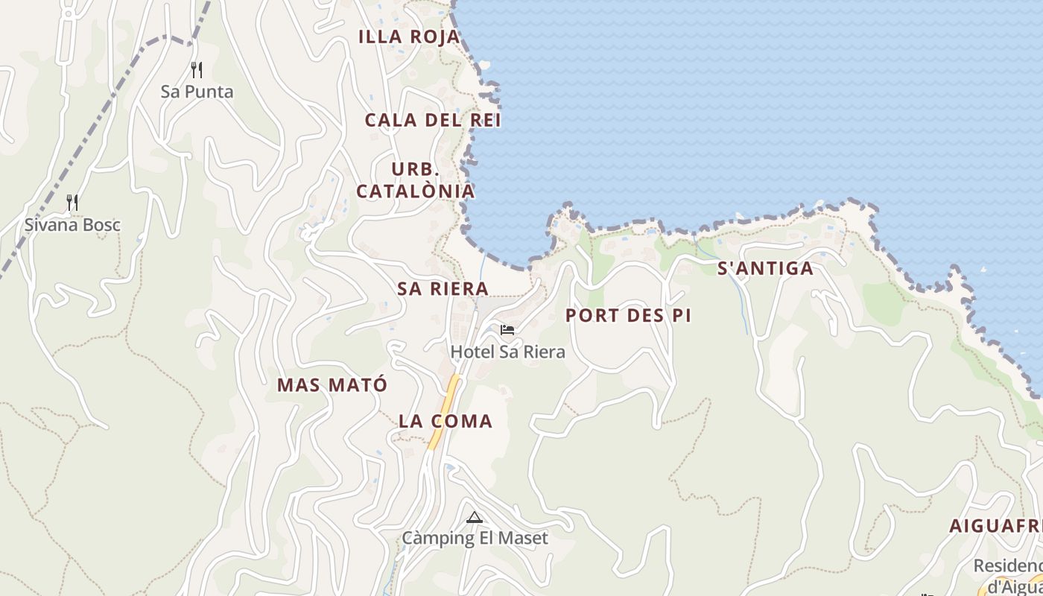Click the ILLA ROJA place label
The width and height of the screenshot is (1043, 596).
pyautogui.click(x=409, y=37)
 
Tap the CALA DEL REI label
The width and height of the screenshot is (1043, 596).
pyautogui.click(x=433, y=120)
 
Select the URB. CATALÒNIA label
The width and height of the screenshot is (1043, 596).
pyautogui.click(x=415, y=180)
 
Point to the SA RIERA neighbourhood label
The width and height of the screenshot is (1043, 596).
pyautogui.click(x=443, y=289)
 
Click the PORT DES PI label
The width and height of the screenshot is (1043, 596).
pyautogui.click(x=628, y=316)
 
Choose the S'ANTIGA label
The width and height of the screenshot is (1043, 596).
pyautogui.click(x=765, y=269)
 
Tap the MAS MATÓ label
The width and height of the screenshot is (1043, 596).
pyautogui.click(x=332, y=385)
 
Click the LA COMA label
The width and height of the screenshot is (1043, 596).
pyautogui.click(x=446, y=422)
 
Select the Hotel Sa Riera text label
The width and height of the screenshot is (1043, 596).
pyautogui.click(x=507, y=352)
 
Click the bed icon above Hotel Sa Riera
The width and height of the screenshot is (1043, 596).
pyautogui.click(x=507, y=329)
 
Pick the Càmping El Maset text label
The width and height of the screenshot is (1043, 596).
pyautogui.click(x=475, y=538)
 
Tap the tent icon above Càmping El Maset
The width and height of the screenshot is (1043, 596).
pyautogui.click(x=474, y=517)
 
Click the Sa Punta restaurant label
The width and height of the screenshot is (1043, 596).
pyautogui.click(x=197, y=92)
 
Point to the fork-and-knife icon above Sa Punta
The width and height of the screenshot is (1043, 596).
pyautogui.click(x=197, y=70)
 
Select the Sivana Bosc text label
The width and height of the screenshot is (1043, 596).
pyautogui.click(x=72, y=225)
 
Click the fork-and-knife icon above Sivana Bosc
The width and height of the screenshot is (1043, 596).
pyautogui.click(x=72, y=203)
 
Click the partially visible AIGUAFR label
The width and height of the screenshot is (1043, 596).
pyautogui.click(x=995, y=526)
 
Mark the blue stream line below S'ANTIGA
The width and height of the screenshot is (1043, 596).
pyautogui.click(x=744, y=305)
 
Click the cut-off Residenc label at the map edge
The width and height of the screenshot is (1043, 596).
pyautogui.click(x=1007, y=566)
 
